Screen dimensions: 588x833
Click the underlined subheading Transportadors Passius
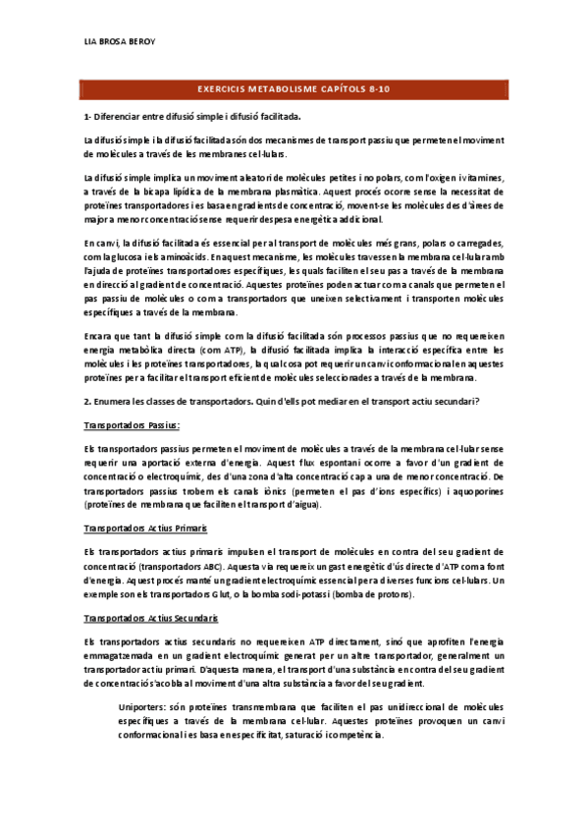click(x=133, y=425)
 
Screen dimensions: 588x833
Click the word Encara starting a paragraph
click(x=100, y=336)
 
